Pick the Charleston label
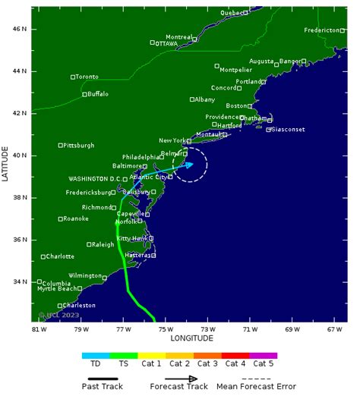pos(80,305)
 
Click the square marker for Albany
pos(192,99)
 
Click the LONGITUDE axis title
pos(191,338)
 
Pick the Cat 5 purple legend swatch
pos(264,355)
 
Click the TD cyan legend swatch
pos(96,355)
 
